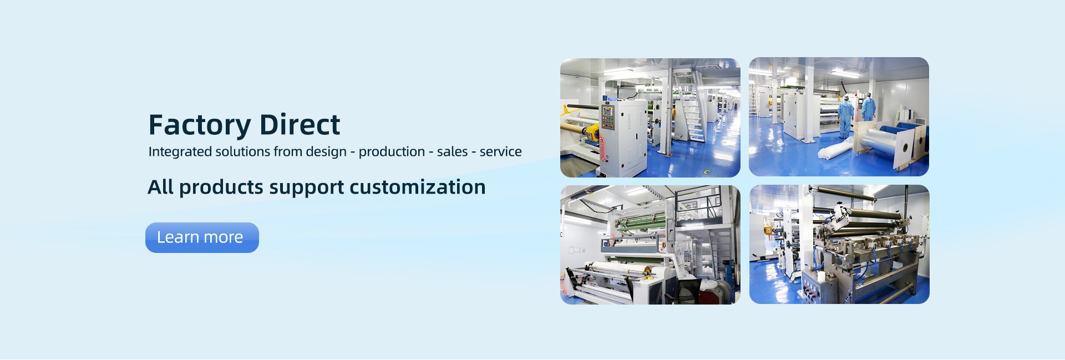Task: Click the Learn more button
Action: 202,237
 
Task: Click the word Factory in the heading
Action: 200,125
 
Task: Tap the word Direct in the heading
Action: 300,124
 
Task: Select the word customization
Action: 418,187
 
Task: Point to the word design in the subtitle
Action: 326,152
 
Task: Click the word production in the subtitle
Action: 392,152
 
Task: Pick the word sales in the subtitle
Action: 452,151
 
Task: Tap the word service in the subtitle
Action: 500,151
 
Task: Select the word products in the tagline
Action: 221,187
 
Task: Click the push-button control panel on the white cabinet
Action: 608,117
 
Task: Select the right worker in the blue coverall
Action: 868,108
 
